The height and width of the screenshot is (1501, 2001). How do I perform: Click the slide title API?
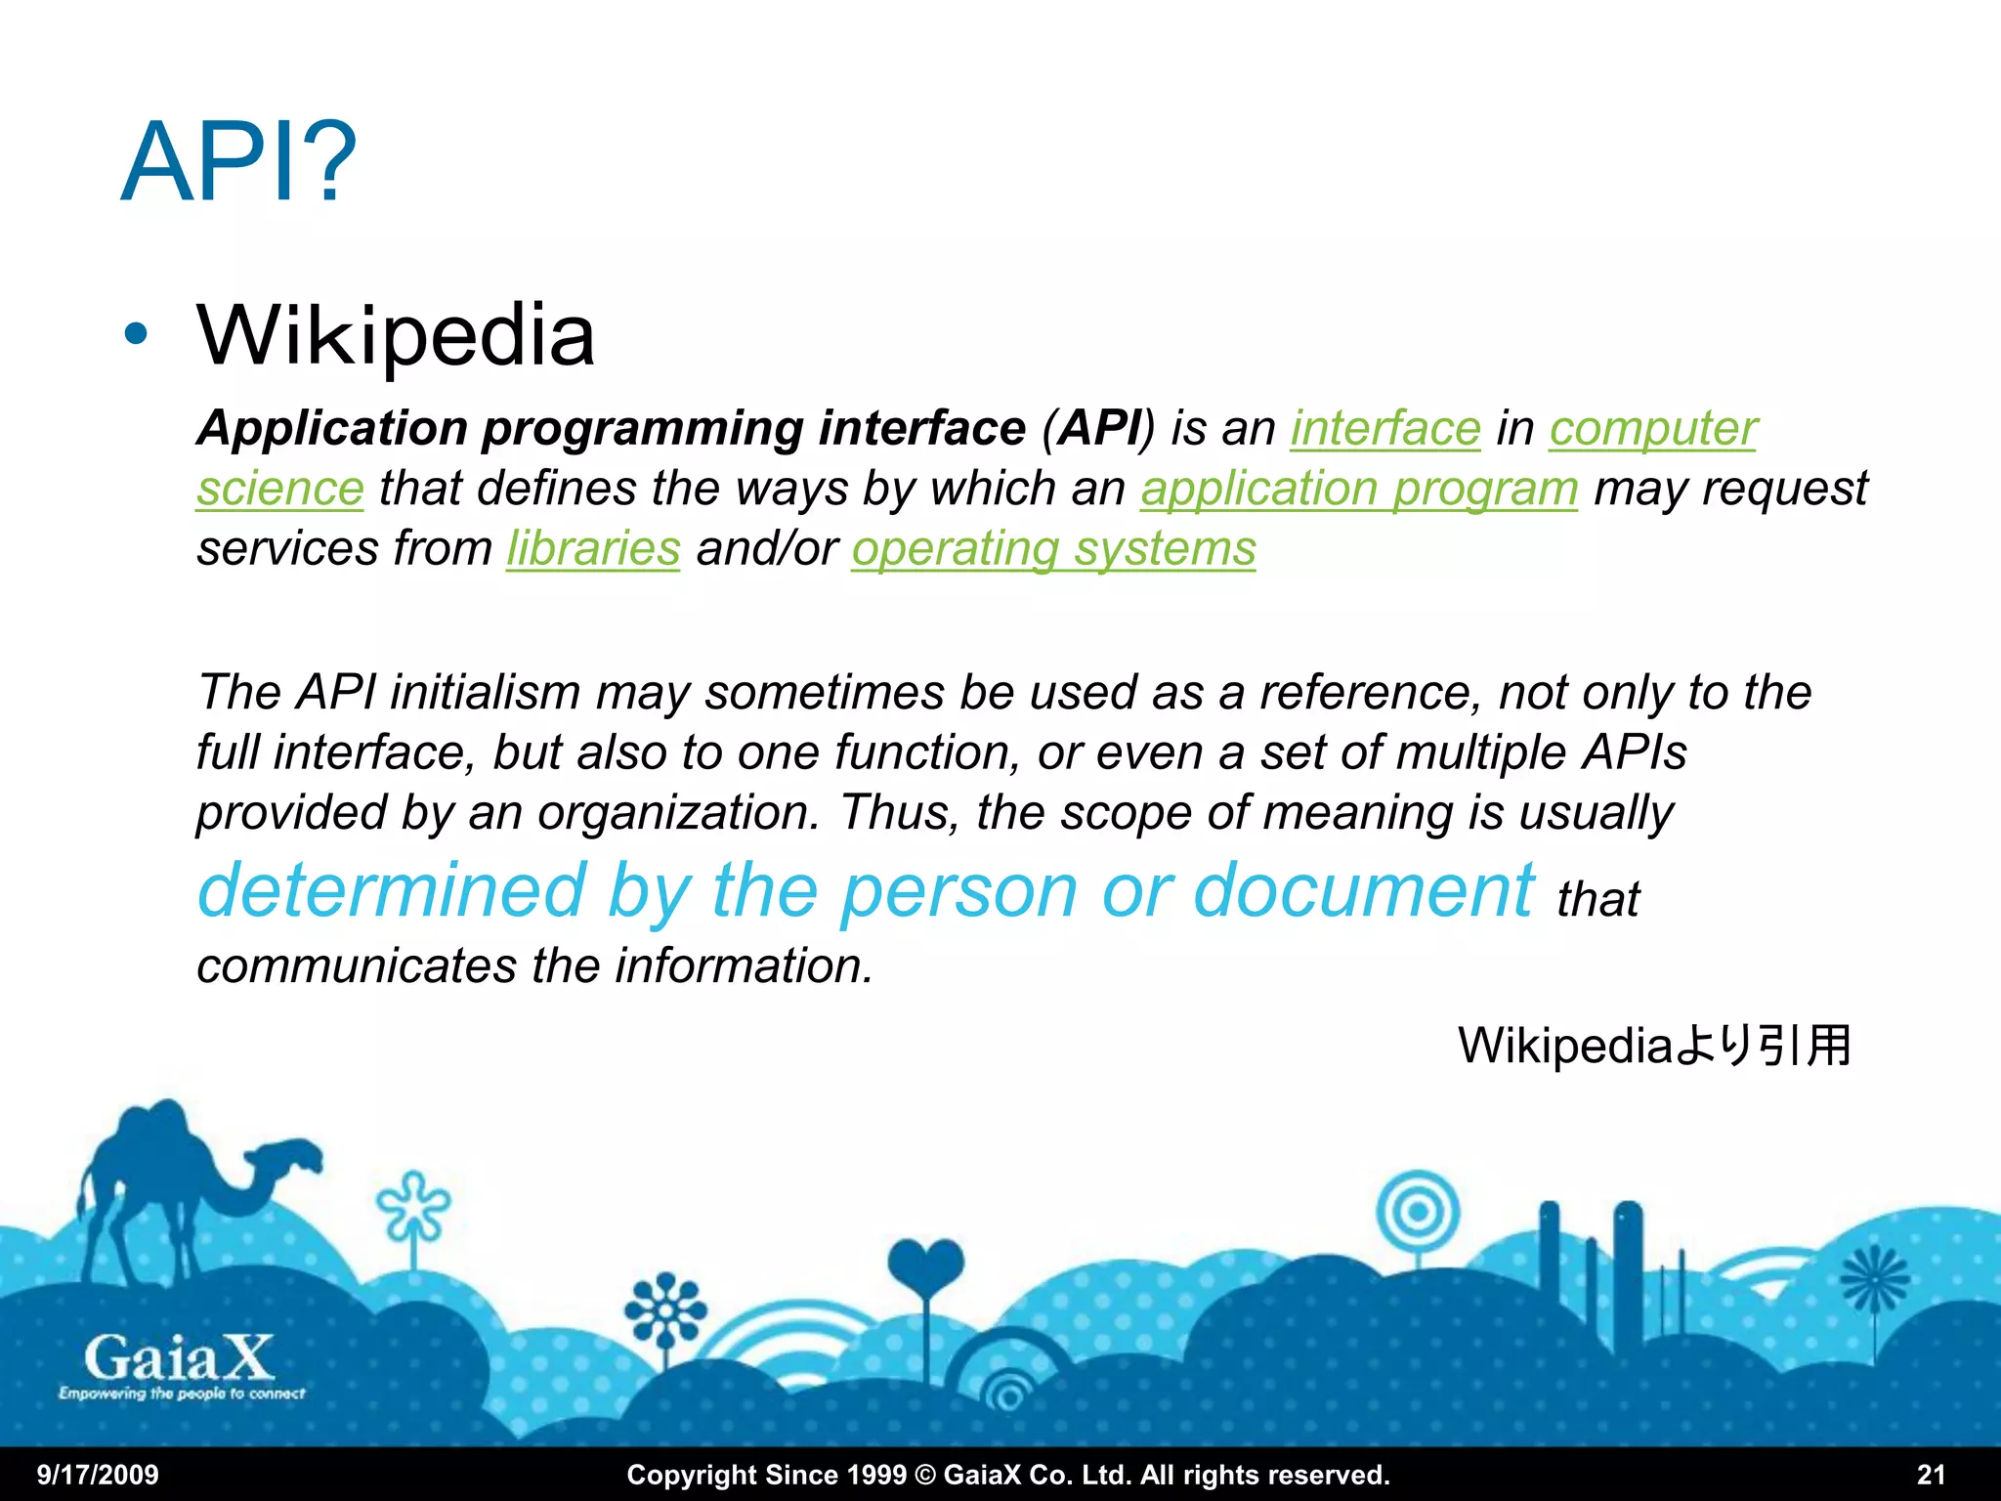(238, 162)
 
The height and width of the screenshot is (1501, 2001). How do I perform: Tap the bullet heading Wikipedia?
(396, 335)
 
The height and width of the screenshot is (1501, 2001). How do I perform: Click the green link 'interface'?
(1385, 428)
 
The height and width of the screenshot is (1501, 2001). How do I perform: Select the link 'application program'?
(1359, 489)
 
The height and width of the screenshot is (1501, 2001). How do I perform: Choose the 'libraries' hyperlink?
(593, 548)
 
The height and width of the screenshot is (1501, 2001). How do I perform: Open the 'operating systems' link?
(1053, 548)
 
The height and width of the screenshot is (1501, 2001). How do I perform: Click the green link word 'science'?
(280, 489)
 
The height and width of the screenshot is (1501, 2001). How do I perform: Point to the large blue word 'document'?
(1363, 890)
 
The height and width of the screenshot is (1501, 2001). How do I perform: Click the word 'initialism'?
(486, 692)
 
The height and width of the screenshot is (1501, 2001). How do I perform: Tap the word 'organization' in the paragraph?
(677, 812)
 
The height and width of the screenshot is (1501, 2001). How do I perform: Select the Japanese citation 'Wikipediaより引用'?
(1654, 1046)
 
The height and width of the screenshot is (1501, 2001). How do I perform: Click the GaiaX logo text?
(179, 1357)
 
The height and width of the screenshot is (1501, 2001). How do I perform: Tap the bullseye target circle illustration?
(1418, 1213)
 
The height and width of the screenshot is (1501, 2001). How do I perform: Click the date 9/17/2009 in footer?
(98, 1475)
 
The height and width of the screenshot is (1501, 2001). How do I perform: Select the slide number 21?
(1931, 1475)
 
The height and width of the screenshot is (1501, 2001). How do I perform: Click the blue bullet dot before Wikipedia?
(136, 335)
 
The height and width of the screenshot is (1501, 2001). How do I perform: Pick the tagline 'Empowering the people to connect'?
(182, 1394)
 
